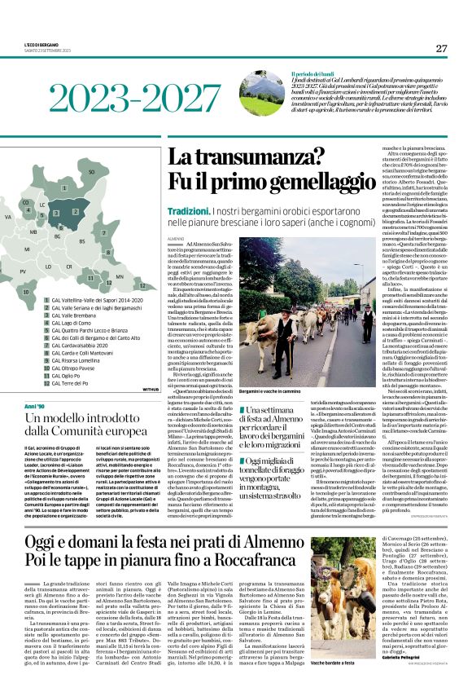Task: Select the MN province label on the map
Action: tap(120, 276)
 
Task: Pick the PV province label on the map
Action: tap(23, 271)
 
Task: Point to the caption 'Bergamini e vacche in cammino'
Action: tap(267, 393)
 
